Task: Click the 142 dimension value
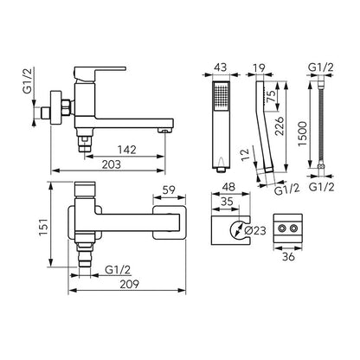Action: pyautogui.click(x=126, y=150)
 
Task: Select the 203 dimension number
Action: pyautogui.click(x=112, y=164)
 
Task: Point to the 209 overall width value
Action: pyautogui.click(x=130, y=284)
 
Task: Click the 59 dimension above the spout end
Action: pyautogui.click(x=169, y=190)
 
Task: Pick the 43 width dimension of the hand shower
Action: pyautogui.click(x=221, y=67)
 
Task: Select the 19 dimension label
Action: pyautogui.click(x=259, y=67)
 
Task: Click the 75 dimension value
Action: pyautogui.click(x=271, y=95)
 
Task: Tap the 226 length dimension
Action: pyautogui.click(x=280, y=125)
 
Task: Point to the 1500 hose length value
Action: pyautogui.click(x=303, y=134)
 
